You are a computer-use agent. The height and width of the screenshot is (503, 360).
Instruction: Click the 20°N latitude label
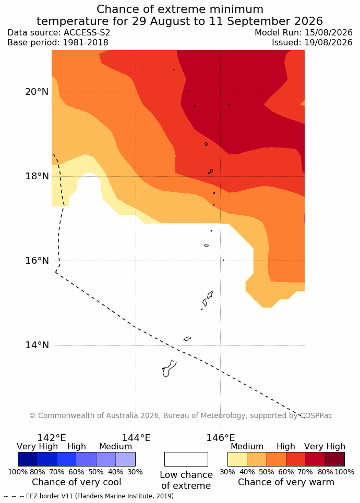coord(37,92)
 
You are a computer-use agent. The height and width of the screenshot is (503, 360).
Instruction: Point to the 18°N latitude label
coord(37,176)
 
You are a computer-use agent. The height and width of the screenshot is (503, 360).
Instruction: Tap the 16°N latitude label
coord(37,261)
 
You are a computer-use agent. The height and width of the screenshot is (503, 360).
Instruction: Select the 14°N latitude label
coord(37,345)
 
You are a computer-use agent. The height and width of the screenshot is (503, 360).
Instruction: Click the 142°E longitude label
coord(52,437)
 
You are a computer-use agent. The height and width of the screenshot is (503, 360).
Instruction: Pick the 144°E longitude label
coord(136,437)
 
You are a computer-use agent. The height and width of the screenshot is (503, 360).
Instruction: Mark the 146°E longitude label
coord(221,437)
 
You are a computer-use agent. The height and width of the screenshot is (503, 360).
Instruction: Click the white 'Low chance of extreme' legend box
coord(186,459)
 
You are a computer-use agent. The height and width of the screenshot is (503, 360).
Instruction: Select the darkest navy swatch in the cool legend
coord(28,459)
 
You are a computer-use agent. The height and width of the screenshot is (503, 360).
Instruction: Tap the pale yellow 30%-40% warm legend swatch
coord(237,459)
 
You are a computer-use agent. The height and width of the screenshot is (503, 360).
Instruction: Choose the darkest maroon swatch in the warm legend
coord(335,459)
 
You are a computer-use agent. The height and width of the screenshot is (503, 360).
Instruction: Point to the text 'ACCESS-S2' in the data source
coord(87,33)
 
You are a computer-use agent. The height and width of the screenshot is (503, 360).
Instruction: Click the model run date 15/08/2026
coord(329,33)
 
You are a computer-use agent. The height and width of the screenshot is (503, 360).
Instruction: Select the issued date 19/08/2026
coord(329,42)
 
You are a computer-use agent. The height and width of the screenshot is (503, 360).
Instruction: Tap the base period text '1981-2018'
coord(86,42)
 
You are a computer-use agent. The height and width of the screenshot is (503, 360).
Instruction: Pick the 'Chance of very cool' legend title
coord(76,482)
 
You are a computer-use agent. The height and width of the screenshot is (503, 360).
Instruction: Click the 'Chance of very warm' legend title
coord(286,482)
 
